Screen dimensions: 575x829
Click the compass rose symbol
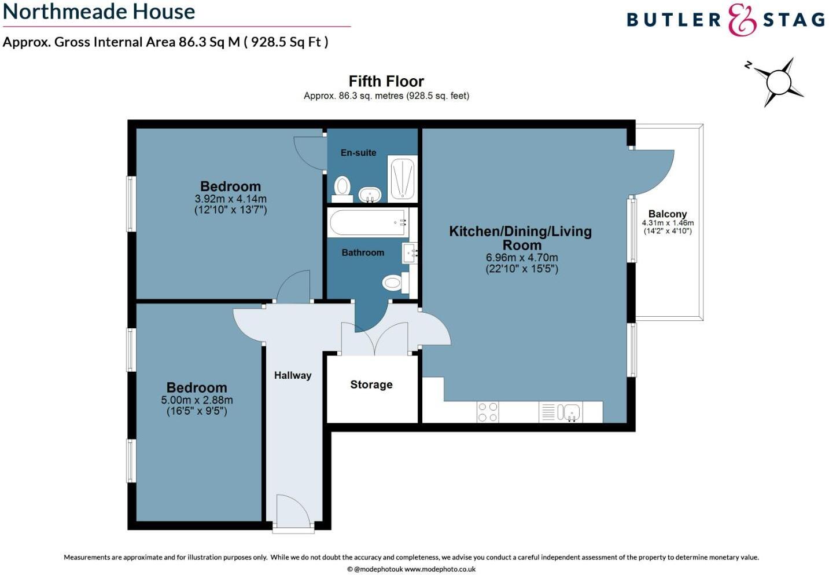[x=778, y=82]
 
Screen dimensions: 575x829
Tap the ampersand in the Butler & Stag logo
[x=742, y=20]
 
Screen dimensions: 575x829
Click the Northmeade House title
[x=99, y=12]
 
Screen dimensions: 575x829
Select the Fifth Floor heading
[x=386, y=81]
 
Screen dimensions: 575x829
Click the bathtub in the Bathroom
[x=368, y=222]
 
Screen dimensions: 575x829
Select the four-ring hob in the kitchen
[x=488, y=412]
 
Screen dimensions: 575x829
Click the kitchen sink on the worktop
[x=569, y=412]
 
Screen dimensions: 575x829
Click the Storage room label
[x=371, y=384]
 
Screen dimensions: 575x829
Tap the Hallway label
[x=293, y=375]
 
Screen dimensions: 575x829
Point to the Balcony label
[x=668, y=214]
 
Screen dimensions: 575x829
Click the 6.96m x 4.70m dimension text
[x=522, y=258]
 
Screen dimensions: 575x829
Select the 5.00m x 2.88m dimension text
[x=197, y=400]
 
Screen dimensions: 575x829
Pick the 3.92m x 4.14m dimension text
[x=230, y=199]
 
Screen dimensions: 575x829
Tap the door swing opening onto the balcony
[x=653, y=171]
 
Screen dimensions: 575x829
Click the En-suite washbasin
[x=370, y=194]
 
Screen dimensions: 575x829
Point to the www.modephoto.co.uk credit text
[x=440, y=569]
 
